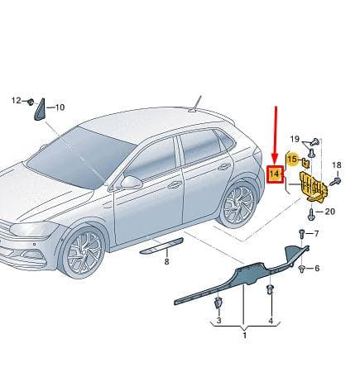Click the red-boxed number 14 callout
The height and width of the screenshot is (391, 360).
275,174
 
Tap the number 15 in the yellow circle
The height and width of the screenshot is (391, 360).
292,159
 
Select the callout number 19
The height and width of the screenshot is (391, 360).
295,139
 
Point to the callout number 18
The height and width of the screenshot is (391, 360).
337,165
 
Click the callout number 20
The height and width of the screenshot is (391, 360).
329,212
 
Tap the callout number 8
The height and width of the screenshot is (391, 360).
166,261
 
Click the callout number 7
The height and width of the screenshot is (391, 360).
316,234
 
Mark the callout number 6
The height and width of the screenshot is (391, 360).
317,268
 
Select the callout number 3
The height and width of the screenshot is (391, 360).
218,320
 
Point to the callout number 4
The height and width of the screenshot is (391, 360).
271,321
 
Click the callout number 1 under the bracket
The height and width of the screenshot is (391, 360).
244,336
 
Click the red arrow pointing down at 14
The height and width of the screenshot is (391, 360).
276,136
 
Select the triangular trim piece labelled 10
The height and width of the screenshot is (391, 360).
40,110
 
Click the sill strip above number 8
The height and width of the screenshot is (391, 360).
162,246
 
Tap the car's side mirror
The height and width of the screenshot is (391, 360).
132,183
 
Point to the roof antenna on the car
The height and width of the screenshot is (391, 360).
195,104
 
